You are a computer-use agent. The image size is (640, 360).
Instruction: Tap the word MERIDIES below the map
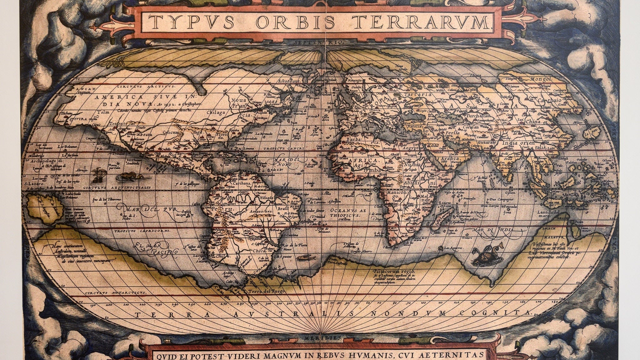click(321, 338)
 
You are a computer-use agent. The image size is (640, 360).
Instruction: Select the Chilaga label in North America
click(216, 112)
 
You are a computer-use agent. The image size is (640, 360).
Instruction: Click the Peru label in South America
click(218, 209)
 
